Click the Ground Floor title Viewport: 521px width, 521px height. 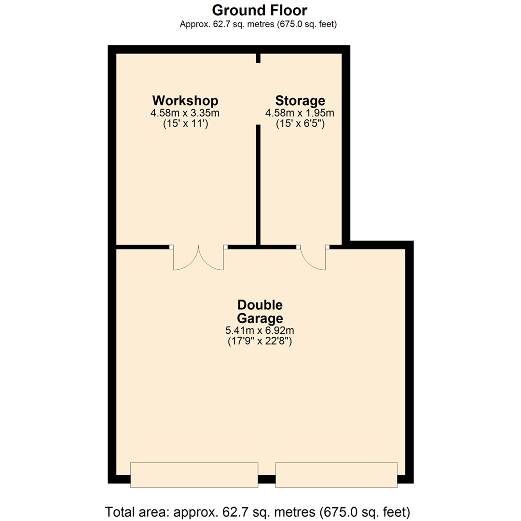pyautogui.click(x=260, y=10)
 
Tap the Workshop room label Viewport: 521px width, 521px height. pyautogui.click(x=185, y=101)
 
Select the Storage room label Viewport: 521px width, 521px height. pyautogui.click(x=300, y=101)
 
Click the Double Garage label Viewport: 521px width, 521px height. pyautogui.click(x=260, y=312)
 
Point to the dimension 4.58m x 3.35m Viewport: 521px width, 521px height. pyautogui.click(x=185, y=113)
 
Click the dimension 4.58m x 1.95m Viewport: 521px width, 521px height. pyautogui.click(x=300, y=113)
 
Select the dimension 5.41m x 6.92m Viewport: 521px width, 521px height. pyautogui.click(x=260, y=331)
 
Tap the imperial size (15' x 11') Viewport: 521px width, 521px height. pyautogui.click(x=185, y=124)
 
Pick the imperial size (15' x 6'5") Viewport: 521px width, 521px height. pyautogui.click(x=300, y=124)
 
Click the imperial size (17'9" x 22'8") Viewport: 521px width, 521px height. pyautogui.click(x=260, y=342)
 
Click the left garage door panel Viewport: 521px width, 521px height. pyautogui.click(x=194, y=475)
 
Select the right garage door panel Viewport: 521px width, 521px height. pyautogui.click(x=336, y=475)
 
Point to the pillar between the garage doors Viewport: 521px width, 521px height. pyautogui.click(x=267, y=480)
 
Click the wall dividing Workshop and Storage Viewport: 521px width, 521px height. pyautogui.click(x=259, y=186)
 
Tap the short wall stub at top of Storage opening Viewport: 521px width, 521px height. pyautogui.click(x=259, y=58)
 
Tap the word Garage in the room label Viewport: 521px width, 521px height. pyautogui.click(x=260, y=318)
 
